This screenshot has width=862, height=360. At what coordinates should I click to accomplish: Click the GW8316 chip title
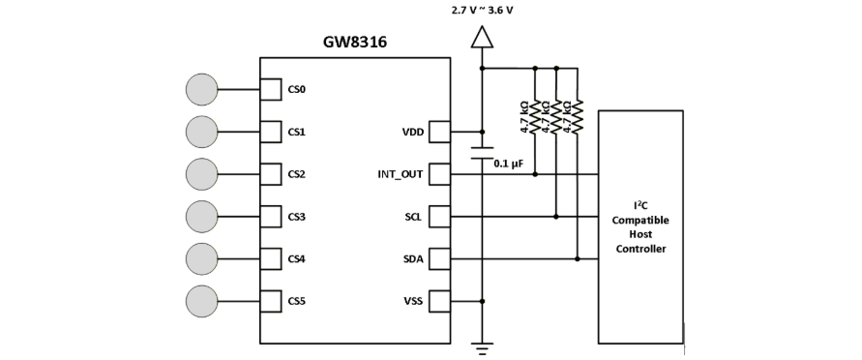point(355,43)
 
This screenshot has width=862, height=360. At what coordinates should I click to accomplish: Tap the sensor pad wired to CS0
point(202,89)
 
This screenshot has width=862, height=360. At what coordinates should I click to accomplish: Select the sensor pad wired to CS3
point(202,217)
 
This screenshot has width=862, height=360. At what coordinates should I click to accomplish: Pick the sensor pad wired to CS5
point(202,301)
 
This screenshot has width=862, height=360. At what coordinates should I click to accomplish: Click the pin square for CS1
point(271,132)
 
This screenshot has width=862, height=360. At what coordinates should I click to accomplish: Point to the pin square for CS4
point(271,258)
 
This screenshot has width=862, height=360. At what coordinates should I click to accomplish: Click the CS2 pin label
point(296,174)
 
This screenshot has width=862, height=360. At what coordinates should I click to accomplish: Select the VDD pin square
point(439,132)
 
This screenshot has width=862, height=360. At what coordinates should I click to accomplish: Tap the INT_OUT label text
point(401,175)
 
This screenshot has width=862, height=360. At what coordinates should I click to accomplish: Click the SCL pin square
point(439,217)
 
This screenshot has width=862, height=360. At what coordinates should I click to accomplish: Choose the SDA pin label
point(413,258)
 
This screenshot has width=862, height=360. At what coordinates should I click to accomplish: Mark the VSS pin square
point(439,301)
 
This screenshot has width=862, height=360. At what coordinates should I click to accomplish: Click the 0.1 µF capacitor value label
point(507,164)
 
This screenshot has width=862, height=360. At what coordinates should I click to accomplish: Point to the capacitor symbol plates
point(482,152)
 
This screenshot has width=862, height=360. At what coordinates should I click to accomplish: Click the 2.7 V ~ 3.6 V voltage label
point(482,10)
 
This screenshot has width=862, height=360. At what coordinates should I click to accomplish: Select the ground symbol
point(482,348)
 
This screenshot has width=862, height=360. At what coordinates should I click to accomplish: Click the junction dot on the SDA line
point(578,258)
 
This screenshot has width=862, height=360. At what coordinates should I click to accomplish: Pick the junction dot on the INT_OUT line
point(535,174)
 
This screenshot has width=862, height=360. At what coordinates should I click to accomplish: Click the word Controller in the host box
point(640,249)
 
